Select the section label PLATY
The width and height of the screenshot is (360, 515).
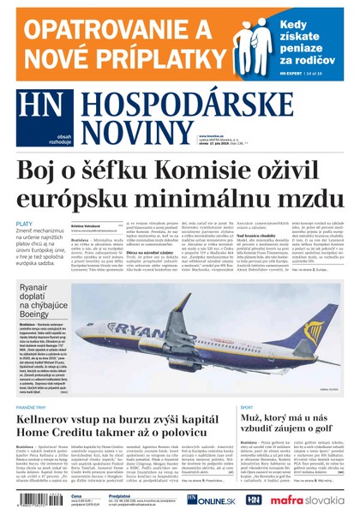(24, 224)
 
